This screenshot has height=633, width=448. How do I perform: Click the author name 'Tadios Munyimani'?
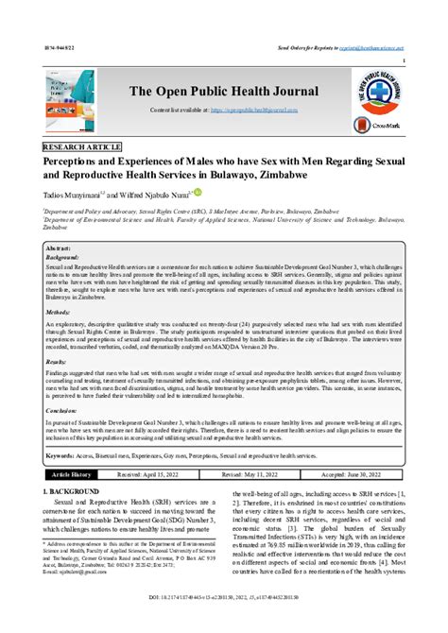coord(75,195)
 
